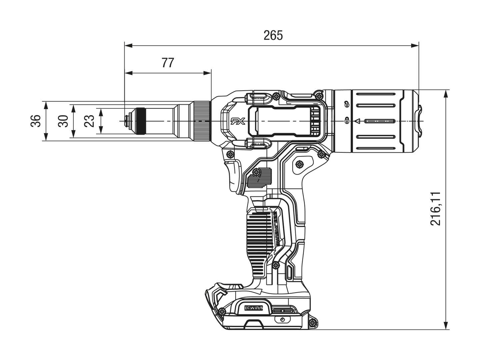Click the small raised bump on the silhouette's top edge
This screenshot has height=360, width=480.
(x=273, y=31)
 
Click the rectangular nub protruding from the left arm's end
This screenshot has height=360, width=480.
(x=35, y=121)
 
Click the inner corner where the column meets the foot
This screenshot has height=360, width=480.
(x=250, y=280)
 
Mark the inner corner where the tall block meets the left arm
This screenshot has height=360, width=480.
(x=123, y=99)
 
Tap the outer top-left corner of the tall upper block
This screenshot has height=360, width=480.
(x=123, y=40)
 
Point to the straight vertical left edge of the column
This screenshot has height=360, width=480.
(x=246, y=227)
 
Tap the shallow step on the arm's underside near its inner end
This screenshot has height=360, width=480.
(x=197, y=142)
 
